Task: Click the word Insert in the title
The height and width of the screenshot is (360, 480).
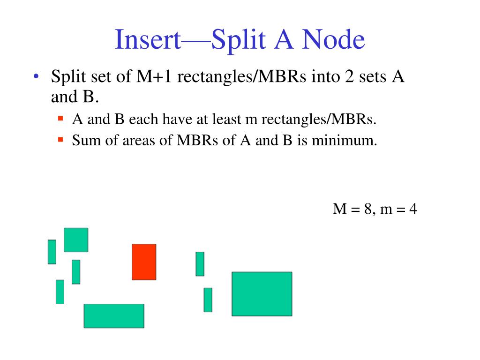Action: click(148, 40)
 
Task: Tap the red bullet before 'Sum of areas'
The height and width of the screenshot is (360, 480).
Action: click(60, 139)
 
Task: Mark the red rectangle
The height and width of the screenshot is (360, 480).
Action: click(144, 262)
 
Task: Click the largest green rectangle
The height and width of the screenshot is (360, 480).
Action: click(262, 294)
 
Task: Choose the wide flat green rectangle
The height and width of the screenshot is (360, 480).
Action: click(114, 315)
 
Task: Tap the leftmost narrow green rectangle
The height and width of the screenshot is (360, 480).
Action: click(52, 252)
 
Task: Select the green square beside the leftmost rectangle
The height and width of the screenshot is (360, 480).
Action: click(76, 240)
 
